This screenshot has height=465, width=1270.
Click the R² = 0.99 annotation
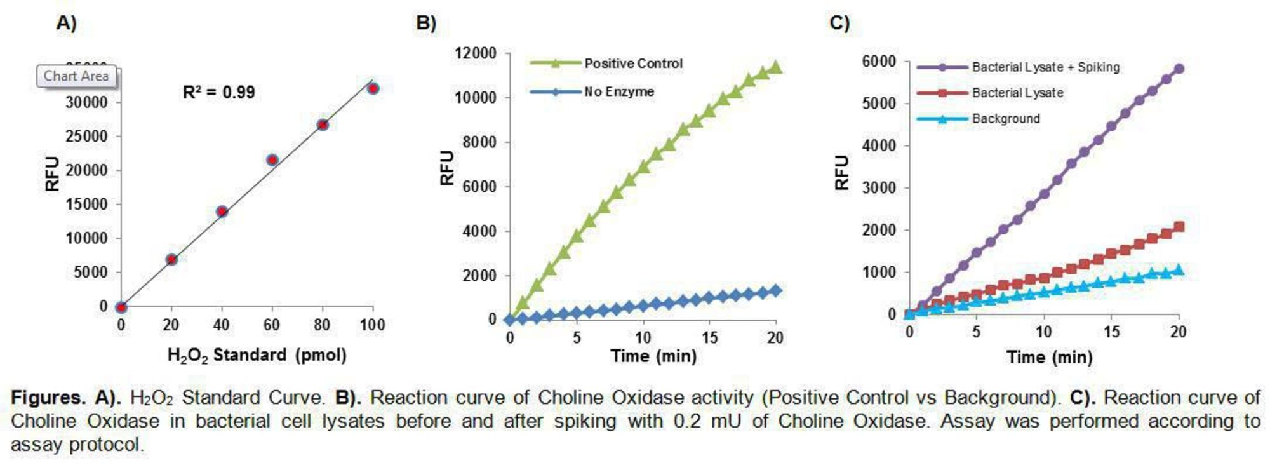[218, 93]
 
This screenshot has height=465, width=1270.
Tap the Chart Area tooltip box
[76, 76]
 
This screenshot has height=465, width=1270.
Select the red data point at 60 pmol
[272, 160]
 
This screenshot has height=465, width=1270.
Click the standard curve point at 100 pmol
[373, 88]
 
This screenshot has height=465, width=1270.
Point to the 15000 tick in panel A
[86, 205]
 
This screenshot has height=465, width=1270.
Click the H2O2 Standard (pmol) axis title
[257, 355]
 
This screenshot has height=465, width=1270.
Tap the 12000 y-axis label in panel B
[476, 53]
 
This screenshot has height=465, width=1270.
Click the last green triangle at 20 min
[775, 67]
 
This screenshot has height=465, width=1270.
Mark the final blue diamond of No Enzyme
[775, 291]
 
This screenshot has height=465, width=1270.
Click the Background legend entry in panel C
[1006, 119]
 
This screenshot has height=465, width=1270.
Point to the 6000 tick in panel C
[879, 62]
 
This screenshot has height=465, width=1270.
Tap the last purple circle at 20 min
[1179, 69]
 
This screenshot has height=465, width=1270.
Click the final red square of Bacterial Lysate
[1179, 227]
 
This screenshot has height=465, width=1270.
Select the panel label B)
[426, 23]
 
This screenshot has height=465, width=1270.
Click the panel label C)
[839, 23]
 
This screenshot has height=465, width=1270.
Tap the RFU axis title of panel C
[842, 172]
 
